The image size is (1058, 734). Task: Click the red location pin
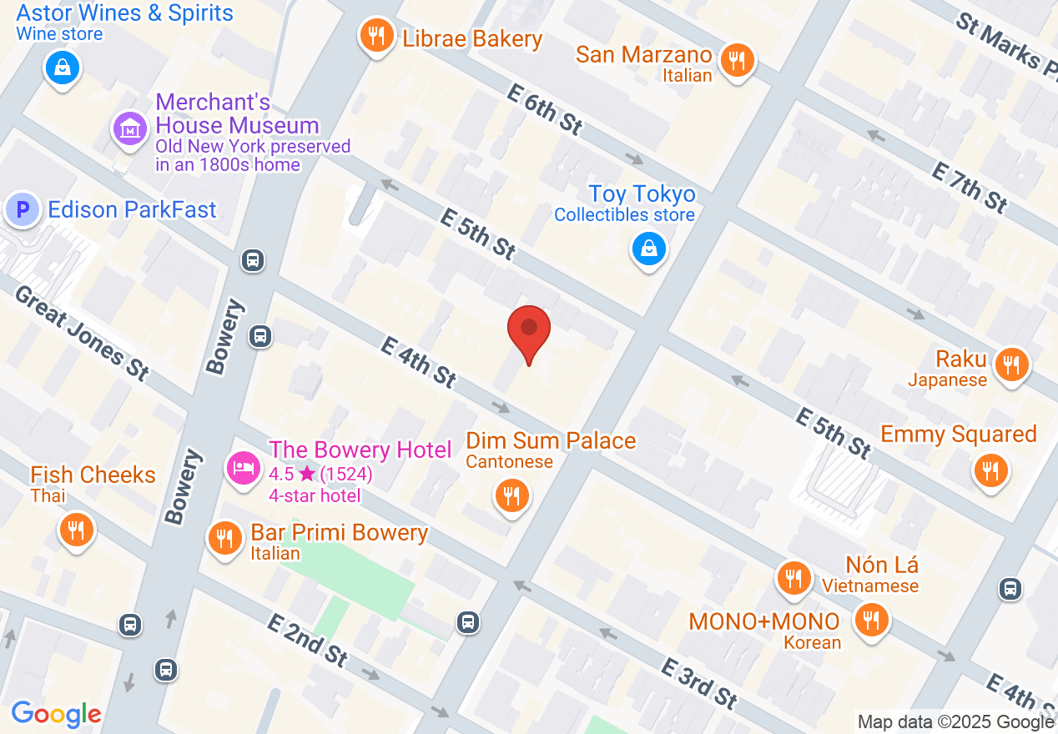[529, 329]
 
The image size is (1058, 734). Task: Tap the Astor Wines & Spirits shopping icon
[63, 68]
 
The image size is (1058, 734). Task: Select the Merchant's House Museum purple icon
[129, 129]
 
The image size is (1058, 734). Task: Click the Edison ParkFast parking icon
[23, 209]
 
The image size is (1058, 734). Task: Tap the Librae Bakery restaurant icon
[376, 36]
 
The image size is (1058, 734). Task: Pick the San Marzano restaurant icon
[737, 61]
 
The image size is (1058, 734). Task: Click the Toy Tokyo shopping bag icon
[648, 249]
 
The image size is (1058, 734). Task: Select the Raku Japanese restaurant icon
[1010, 364]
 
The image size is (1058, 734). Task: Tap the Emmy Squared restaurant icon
[990, 470]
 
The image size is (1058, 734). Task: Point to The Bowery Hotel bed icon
[244, 465]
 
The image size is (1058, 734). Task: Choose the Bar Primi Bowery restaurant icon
[224, 538]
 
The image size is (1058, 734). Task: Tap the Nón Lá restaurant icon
[792, 578]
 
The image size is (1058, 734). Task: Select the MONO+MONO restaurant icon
[870, 620]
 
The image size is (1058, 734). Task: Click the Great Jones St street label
[81, 333]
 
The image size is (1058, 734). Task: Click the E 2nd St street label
[307, 640]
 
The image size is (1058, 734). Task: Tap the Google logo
[56, 714]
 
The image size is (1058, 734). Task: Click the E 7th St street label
[969, 187]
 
